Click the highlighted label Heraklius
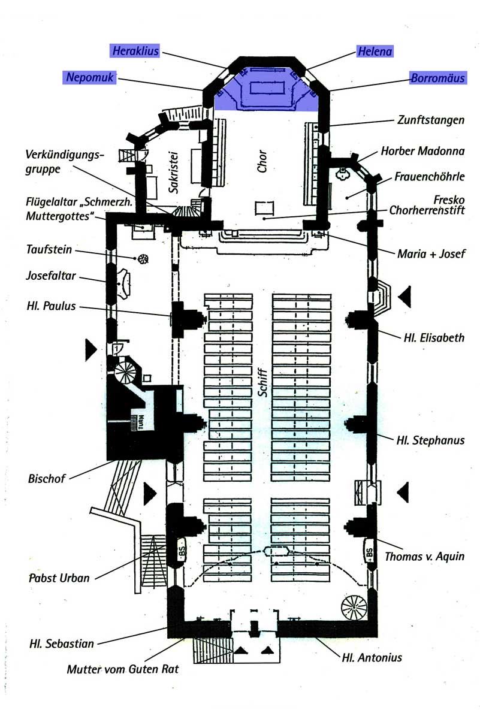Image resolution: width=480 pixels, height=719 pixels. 136,51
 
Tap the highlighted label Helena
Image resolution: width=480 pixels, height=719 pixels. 375,52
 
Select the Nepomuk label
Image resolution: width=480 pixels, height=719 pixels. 90,77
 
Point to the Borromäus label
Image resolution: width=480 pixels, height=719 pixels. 438,78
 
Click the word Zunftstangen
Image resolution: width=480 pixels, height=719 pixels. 431,120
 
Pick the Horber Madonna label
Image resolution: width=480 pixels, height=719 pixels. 422,151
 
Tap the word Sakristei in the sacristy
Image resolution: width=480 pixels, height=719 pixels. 173,173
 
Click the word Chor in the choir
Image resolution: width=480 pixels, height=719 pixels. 262,161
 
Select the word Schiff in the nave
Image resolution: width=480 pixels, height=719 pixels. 262,383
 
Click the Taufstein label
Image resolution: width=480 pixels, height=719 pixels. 49,249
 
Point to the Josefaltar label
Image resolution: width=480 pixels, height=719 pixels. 51,276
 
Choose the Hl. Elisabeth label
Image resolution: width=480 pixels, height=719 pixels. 434,338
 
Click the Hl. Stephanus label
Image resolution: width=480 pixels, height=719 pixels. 430,440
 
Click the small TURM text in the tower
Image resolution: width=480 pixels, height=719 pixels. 141,422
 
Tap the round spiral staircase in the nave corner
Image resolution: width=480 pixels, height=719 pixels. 354,608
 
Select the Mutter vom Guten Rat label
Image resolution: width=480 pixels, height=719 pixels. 123,669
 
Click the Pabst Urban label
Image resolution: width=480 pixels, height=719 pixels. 59,578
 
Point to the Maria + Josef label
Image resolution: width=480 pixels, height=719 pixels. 431,254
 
